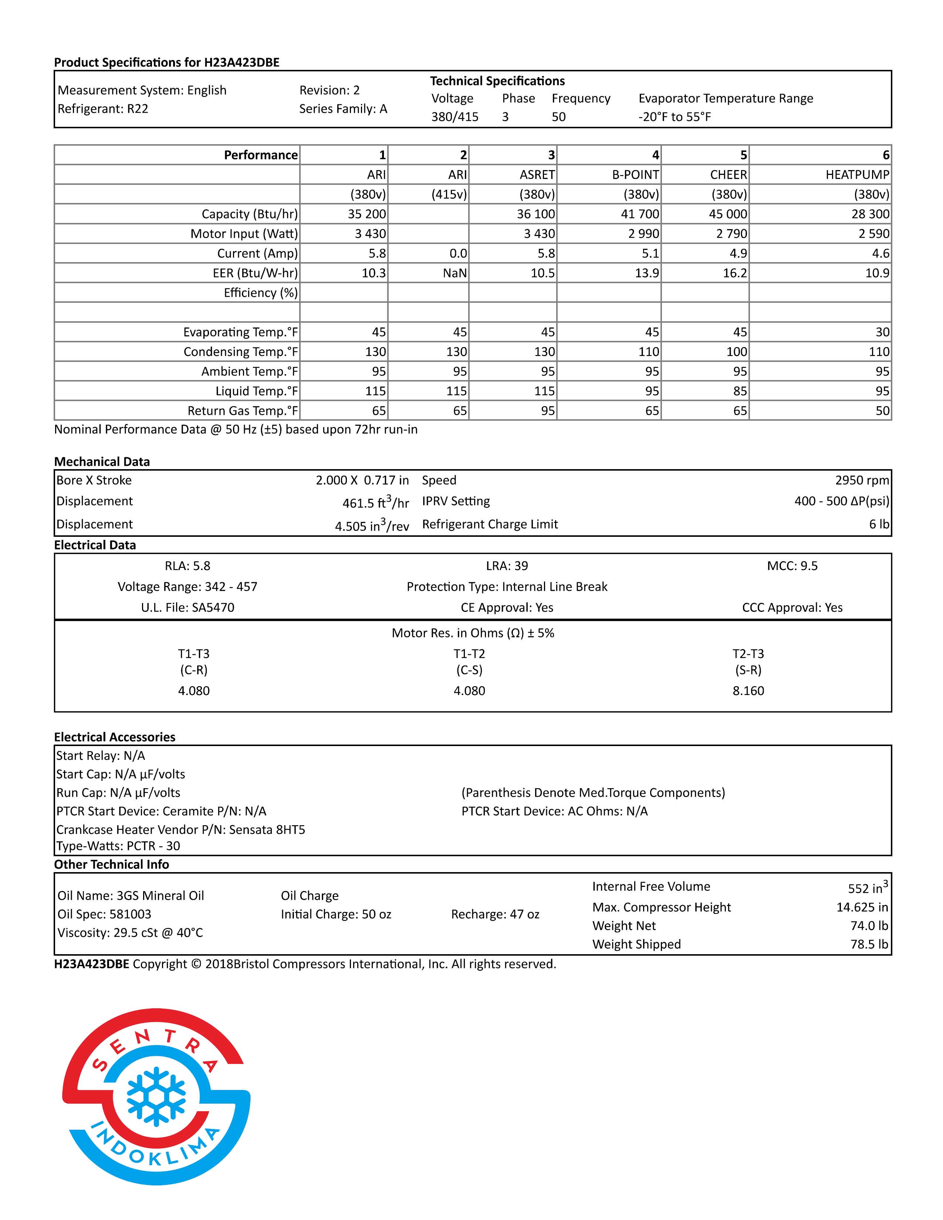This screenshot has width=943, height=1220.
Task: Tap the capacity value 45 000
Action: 727,214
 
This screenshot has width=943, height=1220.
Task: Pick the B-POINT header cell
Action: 635,175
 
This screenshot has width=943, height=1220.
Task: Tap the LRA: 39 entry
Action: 507,566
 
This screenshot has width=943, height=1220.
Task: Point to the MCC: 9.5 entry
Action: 792,566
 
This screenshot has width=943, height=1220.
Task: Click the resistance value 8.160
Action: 748,691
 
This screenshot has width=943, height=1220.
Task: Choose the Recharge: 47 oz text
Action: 495,914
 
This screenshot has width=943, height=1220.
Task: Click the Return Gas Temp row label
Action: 243,411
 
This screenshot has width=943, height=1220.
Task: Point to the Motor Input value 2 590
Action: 874,234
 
